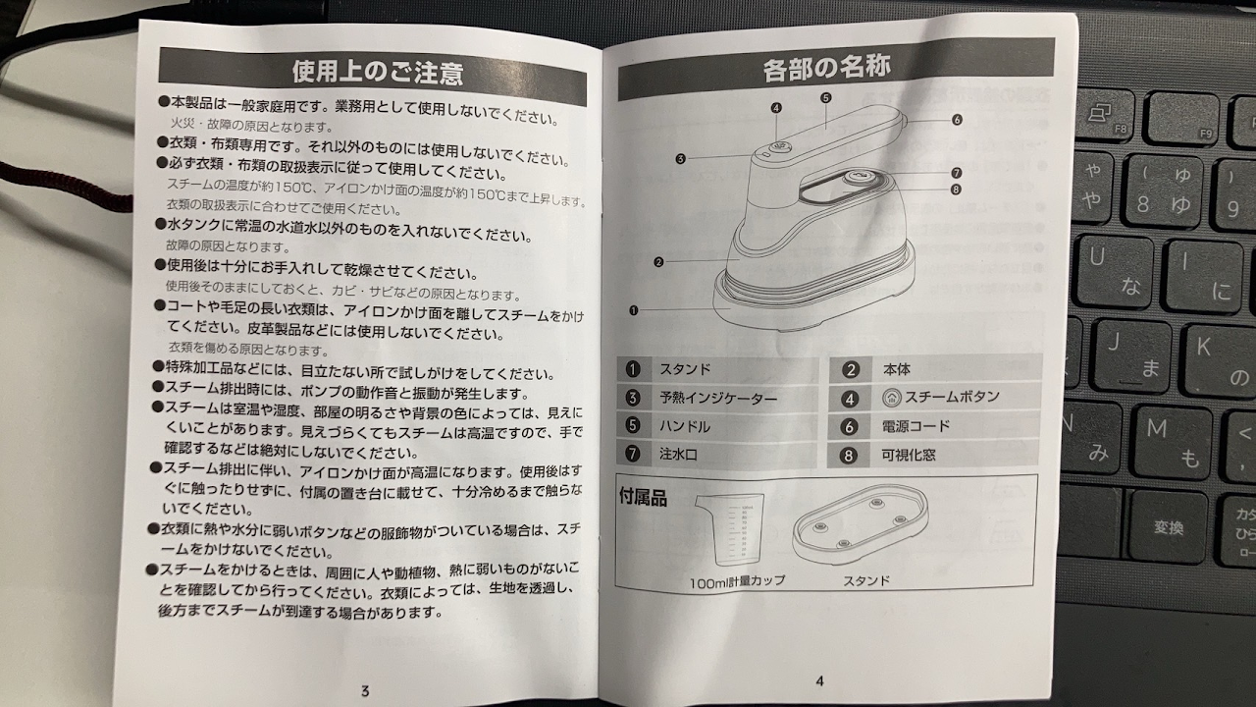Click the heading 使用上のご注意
pos(378,73)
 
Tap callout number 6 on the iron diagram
pos(957,120)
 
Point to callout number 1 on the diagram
pos(634,310)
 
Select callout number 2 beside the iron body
pos(658,262)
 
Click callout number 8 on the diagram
pos(956,190)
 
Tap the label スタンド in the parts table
pos(685,369)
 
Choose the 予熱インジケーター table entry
pos(718,399)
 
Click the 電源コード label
pos(916,426)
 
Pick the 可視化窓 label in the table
pos(909,455)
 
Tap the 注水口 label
pos(678,454)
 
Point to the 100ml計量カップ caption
pos(737,582)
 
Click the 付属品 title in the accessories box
pos(643,497)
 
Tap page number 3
pos(366,690)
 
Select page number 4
pos(819,681)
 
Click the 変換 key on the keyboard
pos(1169,527)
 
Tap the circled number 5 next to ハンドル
pos(633,425)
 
